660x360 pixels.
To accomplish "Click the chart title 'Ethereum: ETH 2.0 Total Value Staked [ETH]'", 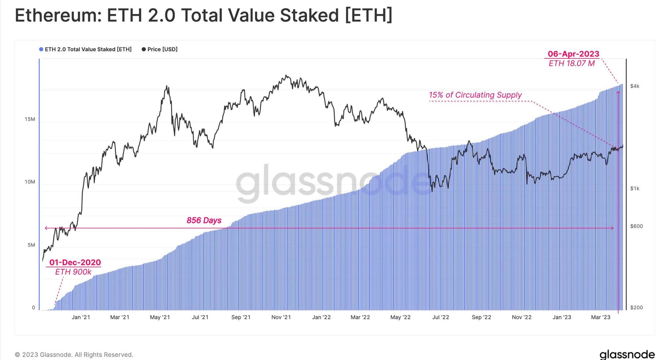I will coord(203,16).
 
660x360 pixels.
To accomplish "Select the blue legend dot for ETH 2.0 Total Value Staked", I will coord(41,49).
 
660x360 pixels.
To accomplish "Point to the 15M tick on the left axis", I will coord(30,119).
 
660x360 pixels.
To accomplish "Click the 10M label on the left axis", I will coord(30,182).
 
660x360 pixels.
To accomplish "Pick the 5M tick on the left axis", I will coord(31,245).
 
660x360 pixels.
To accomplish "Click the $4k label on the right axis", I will coord(635,86).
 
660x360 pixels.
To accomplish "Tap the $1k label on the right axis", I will coord(635,188).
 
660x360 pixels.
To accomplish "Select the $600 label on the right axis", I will coord(636,226).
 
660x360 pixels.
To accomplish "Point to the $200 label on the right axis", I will coord(636,308).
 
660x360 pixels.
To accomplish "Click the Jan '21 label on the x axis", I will coord(81,317).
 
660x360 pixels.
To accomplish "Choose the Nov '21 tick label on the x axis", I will coord(281,317).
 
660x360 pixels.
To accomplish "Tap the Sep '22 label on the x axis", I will coord(481,317).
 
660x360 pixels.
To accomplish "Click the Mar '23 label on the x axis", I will coord(601,317).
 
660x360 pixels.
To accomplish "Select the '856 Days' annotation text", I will coord(204,220).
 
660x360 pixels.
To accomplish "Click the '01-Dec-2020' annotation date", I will coord(75,262).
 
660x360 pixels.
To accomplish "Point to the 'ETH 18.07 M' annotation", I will coord(572,63).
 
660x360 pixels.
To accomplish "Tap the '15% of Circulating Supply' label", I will coord(475,95).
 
